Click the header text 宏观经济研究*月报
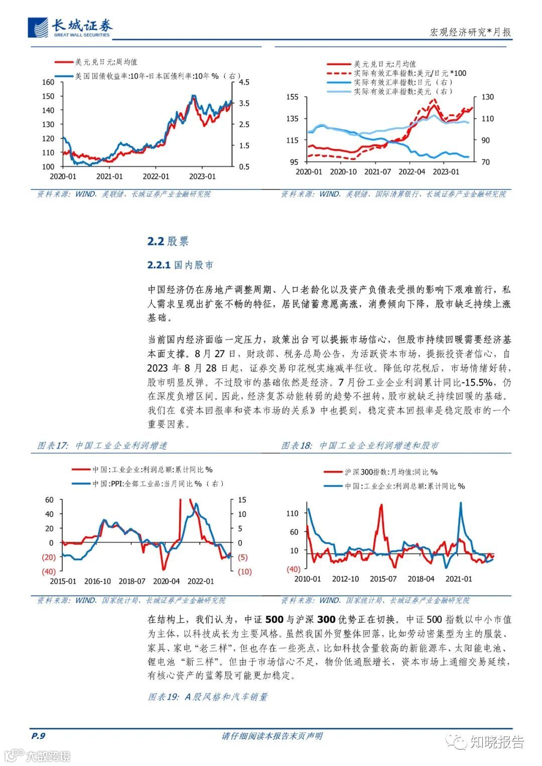[470, 32]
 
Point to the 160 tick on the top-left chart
[48, 82]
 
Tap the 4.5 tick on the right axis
[244, 82]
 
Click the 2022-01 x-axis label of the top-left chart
[156, 177]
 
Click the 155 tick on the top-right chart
[292, 97]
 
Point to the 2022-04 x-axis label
[412, 172]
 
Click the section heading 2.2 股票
[168, 241]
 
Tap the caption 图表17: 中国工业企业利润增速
[102, 445]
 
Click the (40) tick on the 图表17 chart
[48, 572]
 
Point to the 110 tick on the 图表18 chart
[292, 514]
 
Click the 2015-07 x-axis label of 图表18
[383, 579]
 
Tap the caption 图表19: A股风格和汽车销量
[208, 697]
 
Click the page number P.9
[38, 736]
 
